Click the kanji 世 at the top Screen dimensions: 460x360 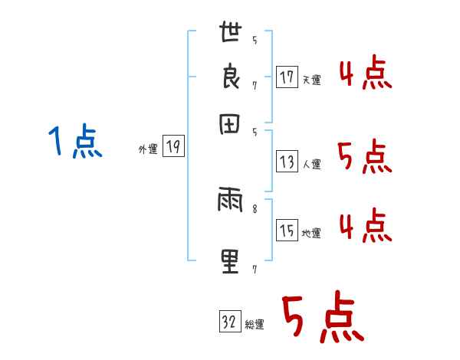231,34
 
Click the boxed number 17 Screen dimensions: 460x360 287,77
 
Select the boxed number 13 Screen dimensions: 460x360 287,162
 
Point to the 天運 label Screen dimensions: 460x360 311,80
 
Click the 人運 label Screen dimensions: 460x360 311,164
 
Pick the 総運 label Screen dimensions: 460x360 255,325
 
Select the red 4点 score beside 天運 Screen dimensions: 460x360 365,75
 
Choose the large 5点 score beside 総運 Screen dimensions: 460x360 322,319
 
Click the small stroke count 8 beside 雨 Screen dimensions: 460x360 255,205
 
